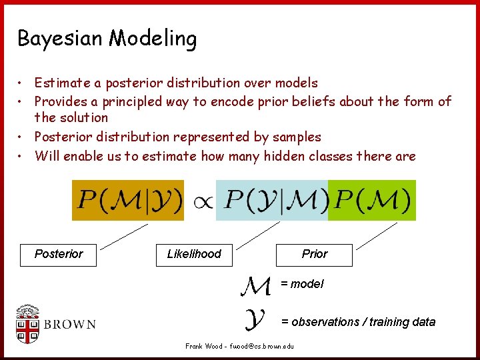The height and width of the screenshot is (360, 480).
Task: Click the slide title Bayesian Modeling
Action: (x=107, y=39)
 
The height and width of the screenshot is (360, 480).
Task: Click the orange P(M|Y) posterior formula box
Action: (x=128, y=200)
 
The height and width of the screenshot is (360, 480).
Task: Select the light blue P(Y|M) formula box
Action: (x=272, y=200)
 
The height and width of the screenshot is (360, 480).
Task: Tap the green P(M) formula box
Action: (x=372, y=200)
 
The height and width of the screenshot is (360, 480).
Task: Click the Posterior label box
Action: (x=59, y=254)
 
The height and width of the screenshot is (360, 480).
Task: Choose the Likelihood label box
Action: (x=194, y=254)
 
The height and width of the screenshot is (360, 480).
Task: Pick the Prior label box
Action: (x=315, y=254)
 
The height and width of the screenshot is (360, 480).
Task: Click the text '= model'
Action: (x=302, y=284)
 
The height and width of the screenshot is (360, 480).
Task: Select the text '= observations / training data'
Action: (x=358, y=322)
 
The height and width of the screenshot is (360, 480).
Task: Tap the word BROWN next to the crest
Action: (x=71, y=325)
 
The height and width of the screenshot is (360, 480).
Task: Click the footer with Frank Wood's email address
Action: (x=239, y=347)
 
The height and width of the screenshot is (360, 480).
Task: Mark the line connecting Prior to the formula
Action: (x=375, y=235)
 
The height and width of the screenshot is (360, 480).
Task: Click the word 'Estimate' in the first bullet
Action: (x=63, y=83)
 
